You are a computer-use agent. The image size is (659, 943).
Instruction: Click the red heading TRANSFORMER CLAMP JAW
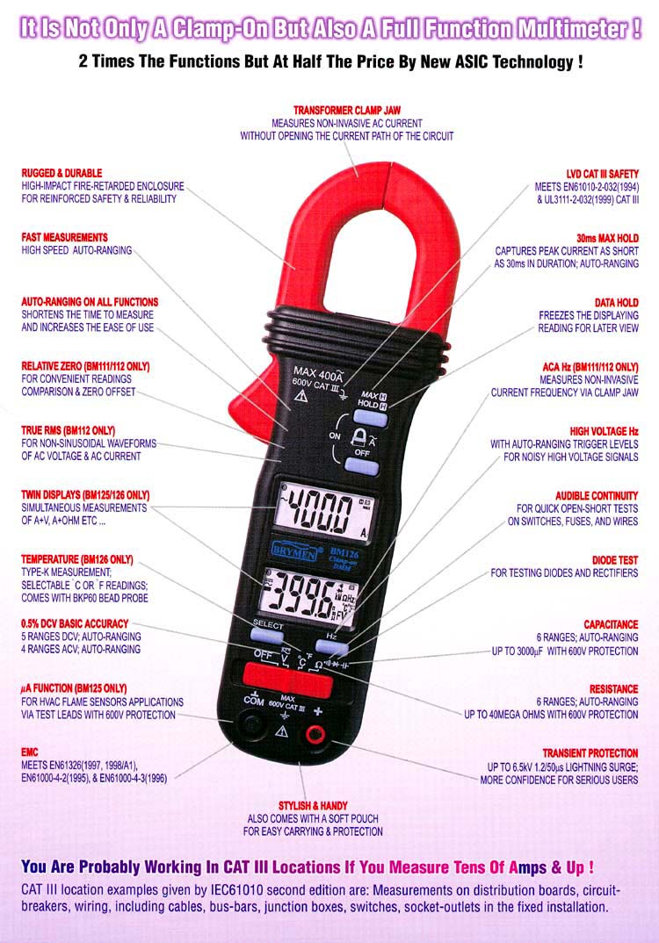click(x=347, y=110)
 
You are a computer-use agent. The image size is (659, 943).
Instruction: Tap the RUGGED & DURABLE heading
click(x=62, y=173)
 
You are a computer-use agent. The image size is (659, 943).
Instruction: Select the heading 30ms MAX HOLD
click(x=607, y=238)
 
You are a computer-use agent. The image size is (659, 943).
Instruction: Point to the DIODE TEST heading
click(x=614, y=560)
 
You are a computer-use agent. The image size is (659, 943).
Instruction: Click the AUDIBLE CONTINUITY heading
click(x=597, y=495)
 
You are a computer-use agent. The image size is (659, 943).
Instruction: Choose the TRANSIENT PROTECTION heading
click(x=590, y=753)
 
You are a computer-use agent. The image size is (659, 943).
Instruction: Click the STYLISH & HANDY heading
click(x=313, y=805)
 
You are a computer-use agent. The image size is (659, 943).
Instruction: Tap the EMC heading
click(x=30, y=752)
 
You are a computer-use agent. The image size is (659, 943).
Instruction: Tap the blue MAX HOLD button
click(x=370, y=418)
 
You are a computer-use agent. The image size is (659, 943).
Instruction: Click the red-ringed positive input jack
click(x=315, y=734)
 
